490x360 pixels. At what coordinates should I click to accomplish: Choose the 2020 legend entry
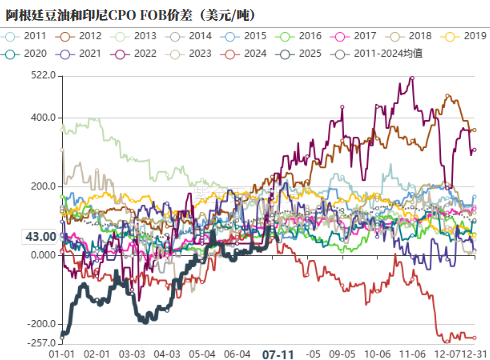point(33,52)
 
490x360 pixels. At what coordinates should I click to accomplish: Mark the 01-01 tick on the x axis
point(63,353)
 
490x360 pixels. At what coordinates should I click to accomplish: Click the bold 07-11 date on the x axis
point(278,354)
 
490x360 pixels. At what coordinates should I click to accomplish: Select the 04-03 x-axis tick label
point(169,353)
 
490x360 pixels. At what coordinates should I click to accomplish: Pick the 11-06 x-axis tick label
point(411,353)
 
